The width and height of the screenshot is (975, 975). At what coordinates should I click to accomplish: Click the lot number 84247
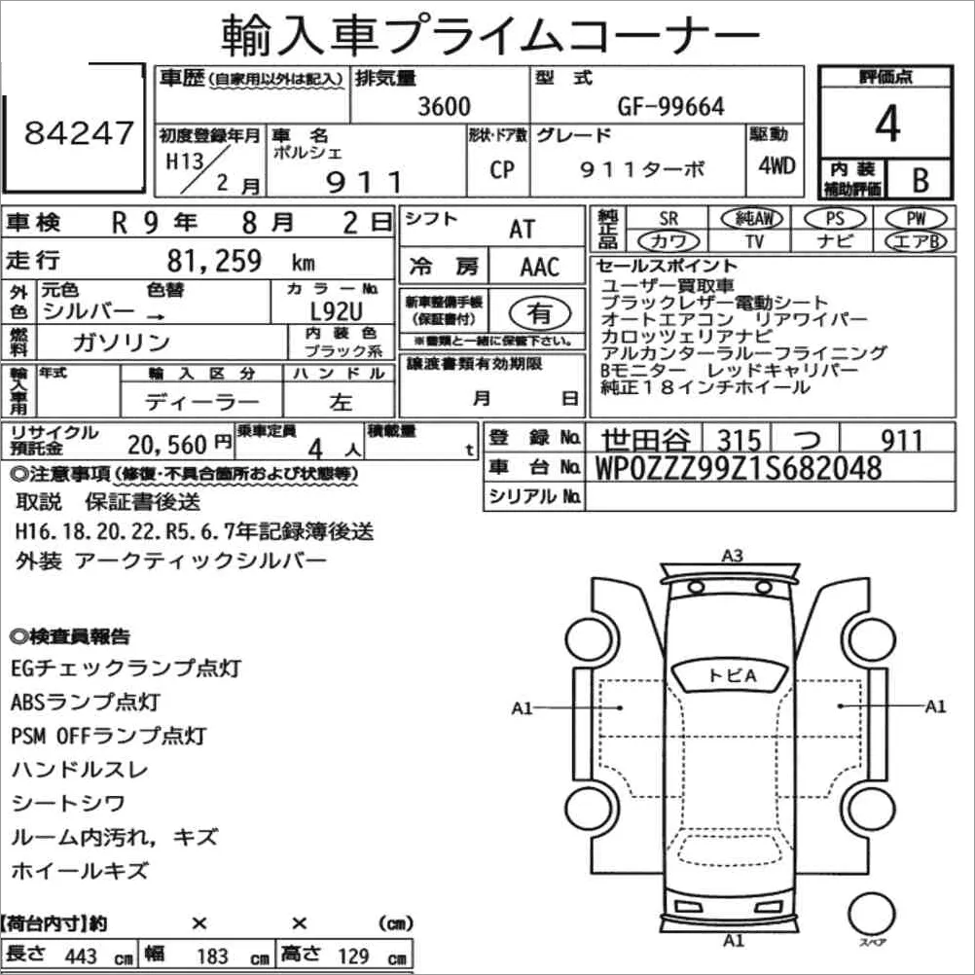[79, 132]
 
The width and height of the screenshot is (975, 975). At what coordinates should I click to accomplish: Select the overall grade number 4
[887, 124]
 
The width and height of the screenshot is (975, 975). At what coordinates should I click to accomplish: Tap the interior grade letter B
[921, 180]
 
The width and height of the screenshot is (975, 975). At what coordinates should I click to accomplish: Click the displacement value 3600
[444, 106]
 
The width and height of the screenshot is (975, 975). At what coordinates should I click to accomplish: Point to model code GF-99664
[670, 106]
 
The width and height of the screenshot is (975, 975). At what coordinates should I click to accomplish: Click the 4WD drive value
[776, 165]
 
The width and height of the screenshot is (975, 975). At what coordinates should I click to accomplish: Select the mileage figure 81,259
[214, 261]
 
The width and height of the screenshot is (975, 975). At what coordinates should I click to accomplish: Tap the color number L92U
[336, 310]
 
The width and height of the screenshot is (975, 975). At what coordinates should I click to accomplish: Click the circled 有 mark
[540, 312]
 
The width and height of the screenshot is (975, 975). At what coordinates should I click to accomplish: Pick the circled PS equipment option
[835, 219]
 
